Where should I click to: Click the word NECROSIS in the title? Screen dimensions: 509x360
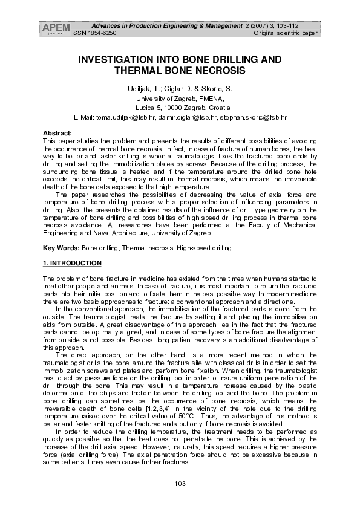220,70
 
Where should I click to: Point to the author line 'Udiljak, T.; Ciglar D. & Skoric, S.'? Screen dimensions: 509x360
180,89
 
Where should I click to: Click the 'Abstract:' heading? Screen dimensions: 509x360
57,132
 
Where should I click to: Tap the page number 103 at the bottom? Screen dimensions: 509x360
179,483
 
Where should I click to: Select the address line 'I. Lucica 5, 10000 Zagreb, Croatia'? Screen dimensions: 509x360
180,106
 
